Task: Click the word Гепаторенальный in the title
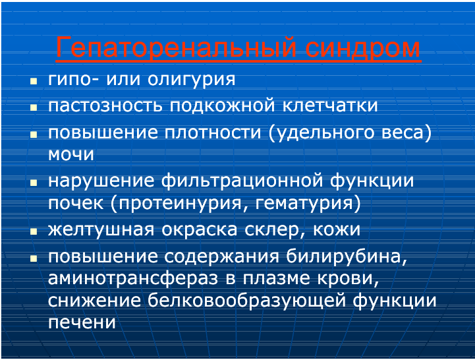[x=177, y=47]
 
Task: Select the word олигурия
[x=192, y=80]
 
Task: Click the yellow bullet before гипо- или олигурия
[x=34, y=81]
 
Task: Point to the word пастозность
[x=105, y=105]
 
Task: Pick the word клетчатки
[x=330, y=105]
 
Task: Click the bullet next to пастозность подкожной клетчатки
[x=34, y=107]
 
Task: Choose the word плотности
[x=213, y=133]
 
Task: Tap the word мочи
[x=71, y=154]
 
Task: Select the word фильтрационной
[x=242, y=181]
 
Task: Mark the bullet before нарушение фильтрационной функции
[x=34, y=182]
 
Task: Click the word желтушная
[x=101, y=230]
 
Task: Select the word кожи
[x=337, y=230]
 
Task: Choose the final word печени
[x=82, y=322]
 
